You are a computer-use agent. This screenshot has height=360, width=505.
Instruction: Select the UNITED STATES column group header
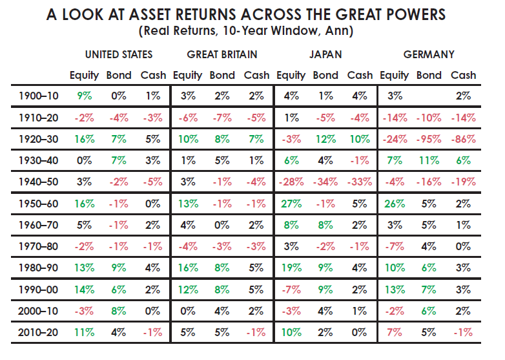[x=119, y=54]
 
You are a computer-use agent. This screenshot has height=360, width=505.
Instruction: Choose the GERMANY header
[x=429, y=54]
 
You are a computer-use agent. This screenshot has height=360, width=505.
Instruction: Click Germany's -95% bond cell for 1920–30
[x=429, y=138]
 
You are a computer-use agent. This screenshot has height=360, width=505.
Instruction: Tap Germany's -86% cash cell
[x=463, y=138]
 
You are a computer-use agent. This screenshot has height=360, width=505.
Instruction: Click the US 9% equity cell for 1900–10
[x=84, y=96]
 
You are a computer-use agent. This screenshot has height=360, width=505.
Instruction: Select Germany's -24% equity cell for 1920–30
[x=395, y=138]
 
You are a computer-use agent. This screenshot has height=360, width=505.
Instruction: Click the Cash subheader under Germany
[x=463, y=75]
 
